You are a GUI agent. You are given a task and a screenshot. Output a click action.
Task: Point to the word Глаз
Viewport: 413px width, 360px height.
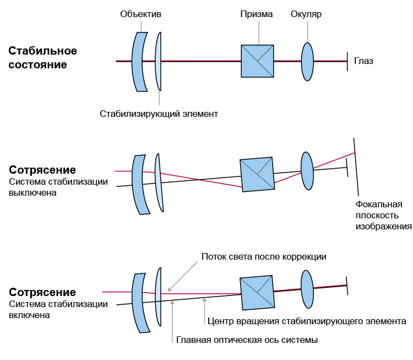coord(363,61)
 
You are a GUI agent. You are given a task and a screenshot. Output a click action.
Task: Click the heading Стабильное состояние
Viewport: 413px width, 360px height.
coord(43,58)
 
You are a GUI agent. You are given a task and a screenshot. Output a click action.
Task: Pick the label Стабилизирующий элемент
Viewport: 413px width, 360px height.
coord(159,114)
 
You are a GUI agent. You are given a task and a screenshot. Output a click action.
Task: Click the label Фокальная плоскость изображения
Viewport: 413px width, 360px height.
coord(383,215)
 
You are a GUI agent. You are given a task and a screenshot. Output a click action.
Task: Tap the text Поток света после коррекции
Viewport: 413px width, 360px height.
coord(264,257)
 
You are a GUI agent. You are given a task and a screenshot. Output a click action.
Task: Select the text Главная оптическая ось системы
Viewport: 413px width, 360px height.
coord(247,340)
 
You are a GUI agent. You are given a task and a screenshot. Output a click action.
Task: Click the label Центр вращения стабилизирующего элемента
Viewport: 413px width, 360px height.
coord(307,321)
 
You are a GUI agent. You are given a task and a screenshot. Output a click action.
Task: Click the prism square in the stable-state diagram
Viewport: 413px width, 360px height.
coord(257,61)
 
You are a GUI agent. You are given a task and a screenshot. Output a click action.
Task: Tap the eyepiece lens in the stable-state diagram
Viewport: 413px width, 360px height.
coord(307,61)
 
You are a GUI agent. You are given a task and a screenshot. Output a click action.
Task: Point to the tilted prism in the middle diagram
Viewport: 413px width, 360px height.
coord(257,175)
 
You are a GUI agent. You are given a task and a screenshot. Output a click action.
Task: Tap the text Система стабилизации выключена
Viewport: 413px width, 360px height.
coord(58,187)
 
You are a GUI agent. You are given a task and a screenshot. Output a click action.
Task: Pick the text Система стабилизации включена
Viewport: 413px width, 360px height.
coord(58,310)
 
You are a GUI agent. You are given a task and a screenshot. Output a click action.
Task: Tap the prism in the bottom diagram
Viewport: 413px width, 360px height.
coord(257,293)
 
